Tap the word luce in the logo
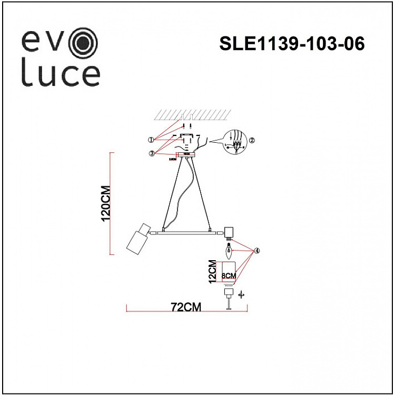click(x=61, y=75)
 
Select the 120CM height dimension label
click(x=106, y=203)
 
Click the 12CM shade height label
click(x=212, y=272)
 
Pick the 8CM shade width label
click(x=228, y=274)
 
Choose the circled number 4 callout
click(x=256, y=251)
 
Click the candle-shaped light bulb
click(x=229, y=251)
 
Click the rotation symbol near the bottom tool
click(x=241, y=295)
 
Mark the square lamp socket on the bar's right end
click(x=229, y=231)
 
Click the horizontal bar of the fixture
click(x=186, y=232)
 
